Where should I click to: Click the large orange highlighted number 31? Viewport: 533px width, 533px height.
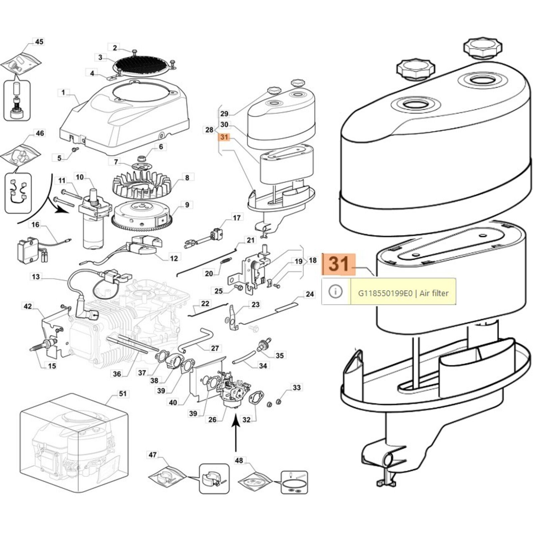tap(339, 264)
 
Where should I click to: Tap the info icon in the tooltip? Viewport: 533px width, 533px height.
tap(335, 291)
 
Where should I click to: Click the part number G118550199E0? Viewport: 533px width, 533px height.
tap(385, 293)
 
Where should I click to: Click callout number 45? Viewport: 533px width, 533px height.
tap(39, 42)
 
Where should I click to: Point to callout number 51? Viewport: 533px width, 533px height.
tap(123, 394)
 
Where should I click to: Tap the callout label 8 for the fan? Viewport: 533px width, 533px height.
tap(187, 178)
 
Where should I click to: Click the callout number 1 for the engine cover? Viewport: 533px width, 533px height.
tap(63, 92)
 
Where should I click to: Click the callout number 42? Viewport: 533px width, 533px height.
tap(28, 306)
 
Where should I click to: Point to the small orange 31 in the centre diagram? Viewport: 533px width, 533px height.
tap(224, 137)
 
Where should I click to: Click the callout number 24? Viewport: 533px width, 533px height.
tap(309, 294)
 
